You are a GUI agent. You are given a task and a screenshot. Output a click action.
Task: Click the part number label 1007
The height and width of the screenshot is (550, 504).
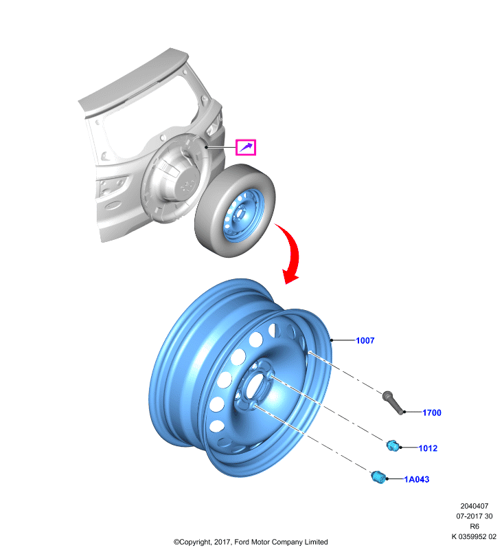click(365, 340)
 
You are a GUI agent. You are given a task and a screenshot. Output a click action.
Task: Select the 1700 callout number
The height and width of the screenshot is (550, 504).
click(431, 412)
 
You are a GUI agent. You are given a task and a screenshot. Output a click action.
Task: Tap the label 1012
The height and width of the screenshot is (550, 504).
click(428, 448)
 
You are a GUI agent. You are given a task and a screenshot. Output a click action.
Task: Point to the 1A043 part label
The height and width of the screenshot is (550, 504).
click(416, 479)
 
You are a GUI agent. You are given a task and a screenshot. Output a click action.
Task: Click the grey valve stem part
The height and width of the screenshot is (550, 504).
click(393, 402)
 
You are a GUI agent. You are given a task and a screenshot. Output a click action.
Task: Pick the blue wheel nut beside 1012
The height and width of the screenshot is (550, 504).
click(393, 445)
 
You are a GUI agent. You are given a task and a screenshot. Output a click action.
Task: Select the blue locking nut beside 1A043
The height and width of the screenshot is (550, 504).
click(378, 477)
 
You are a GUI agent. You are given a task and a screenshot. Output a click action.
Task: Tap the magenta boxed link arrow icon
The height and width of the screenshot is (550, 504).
click(246, 147)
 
